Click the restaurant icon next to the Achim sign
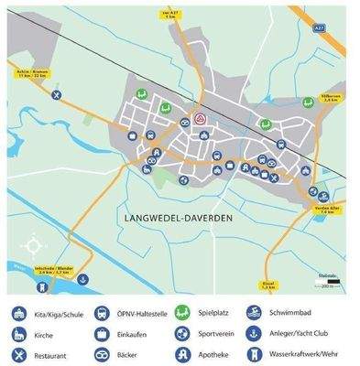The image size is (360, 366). tap(57, 94)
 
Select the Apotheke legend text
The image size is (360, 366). tap(216, 353)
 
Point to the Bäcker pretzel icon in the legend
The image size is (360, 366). tap(100, 353)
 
